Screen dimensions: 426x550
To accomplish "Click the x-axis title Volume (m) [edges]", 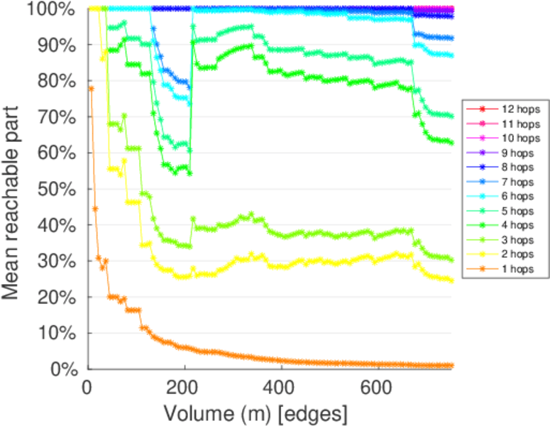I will coord(255,412).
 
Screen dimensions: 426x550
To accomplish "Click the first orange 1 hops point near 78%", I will coord(91,88).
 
